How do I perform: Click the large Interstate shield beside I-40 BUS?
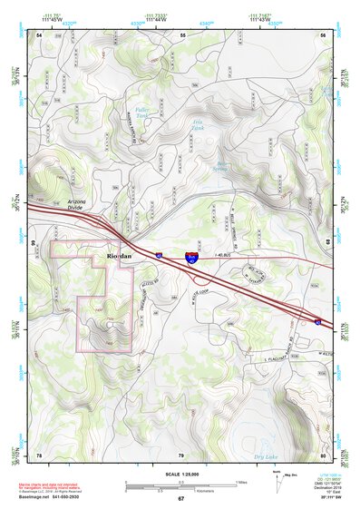[191, 259]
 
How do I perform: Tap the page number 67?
[180, 499]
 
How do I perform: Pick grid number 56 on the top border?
[323, 34]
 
